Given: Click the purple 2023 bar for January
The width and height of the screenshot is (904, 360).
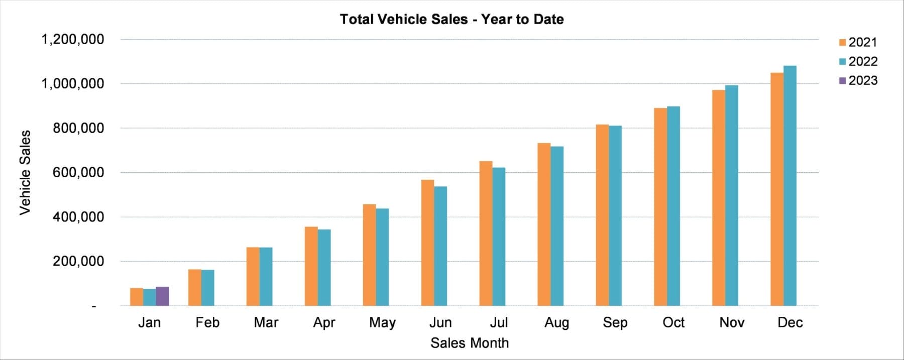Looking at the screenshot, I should click(x=162, y=296).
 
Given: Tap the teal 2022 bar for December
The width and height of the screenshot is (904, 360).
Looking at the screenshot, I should click(x=790, y=186).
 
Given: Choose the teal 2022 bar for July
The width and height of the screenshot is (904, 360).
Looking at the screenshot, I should click(x=499, y=236).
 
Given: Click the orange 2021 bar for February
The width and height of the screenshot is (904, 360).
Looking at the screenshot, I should click(x=195, y=288).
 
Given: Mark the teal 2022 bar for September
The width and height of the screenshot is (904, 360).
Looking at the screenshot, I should click(x=615, y=216).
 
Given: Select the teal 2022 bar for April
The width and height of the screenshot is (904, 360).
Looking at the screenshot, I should click(x=324, y=268).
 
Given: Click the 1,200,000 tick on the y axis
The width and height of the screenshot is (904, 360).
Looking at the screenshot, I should click(x=73, y=39).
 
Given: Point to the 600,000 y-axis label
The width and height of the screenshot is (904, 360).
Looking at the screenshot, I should click(x=78, y=172).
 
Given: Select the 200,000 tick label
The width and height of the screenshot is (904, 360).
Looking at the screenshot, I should click(x=78, y=261).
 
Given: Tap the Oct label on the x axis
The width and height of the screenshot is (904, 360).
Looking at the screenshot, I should click(x=673, y=322).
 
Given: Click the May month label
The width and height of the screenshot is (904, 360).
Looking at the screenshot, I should click(x=382, y=322).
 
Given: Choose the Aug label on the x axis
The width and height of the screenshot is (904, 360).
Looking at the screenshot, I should click(x=556, y=322).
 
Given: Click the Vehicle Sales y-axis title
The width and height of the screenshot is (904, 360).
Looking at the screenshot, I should click(x=25, y=173).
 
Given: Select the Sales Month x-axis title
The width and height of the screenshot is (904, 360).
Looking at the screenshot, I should click(x=469, y=343).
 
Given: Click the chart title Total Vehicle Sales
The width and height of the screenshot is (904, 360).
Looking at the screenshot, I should click(x=451, y=19).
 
